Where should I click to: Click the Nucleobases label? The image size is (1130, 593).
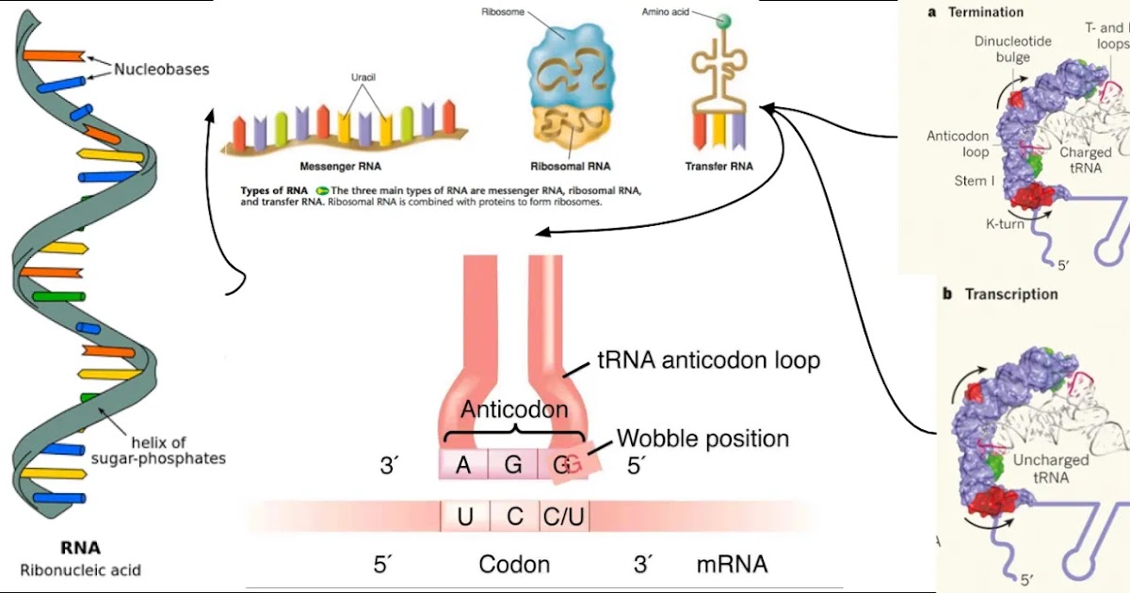coord(161,70)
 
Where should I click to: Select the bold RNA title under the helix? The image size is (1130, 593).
coord(80,548)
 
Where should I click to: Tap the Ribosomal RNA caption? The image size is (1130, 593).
coord(571,167)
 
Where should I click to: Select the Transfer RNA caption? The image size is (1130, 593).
coord(718,167)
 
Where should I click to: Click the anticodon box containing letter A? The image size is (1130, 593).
coord(463,464)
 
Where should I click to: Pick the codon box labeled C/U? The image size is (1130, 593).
coord(564,517)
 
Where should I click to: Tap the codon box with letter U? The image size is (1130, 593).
coord(465,517)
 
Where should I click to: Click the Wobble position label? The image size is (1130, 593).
coord(702,439)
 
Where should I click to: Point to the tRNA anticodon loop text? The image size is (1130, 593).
coord(709,361)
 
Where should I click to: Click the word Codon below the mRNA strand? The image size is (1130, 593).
coord(514,565)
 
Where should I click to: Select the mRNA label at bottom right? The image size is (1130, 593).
coord(732,565)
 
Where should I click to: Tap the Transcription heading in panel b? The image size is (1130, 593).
coord(1010,295)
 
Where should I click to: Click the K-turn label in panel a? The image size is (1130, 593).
coord(1005,224)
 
